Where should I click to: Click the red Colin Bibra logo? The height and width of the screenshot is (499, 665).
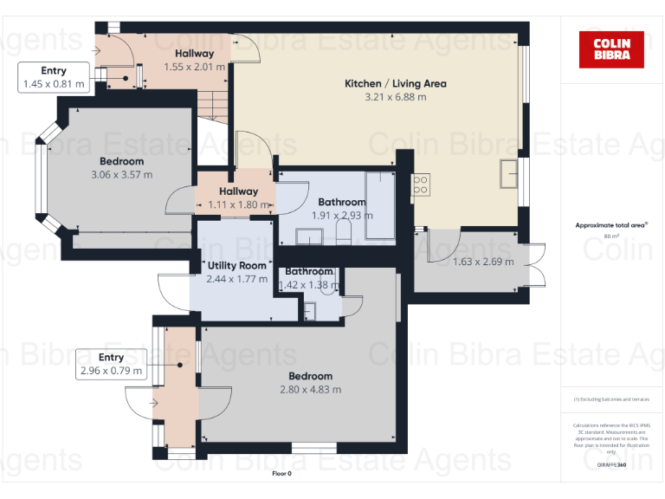[x=611, y=49]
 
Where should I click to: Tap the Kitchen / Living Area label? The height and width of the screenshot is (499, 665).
[x=396, y=84]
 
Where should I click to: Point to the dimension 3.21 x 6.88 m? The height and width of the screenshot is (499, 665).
[x=396, y=97]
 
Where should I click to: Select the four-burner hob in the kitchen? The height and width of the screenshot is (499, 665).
[x=421, y=185]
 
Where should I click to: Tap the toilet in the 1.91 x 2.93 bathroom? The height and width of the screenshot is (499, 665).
[x=344, y=230]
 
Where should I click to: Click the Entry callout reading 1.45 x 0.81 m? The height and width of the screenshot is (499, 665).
[x=54, y=77]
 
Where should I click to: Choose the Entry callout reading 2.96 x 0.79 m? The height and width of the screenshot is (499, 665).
[x=111, y=364]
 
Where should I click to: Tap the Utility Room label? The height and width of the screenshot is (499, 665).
[x=236, y=266]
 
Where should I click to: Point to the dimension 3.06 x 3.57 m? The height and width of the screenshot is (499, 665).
[x=121, y=174]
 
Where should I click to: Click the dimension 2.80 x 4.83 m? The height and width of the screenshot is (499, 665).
[x=310, y=389]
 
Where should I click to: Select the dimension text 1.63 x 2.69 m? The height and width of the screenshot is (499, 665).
[x=483, y=262]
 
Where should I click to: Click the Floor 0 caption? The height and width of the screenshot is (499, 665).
[x=282, y=474]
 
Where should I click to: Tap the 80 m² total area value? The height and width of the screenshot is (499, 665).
[x=611, y=236]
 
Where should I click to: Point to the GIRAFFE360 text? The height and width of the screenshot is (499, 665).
[x=611, y=465]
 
